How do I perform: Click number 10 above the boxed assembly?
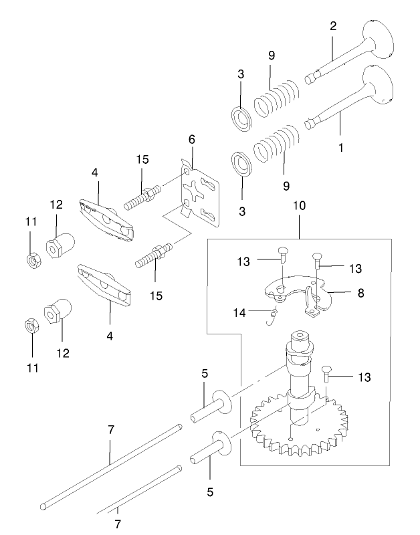coord(299,205)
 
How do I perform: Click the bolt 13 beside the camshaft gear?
coord(326,376)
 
